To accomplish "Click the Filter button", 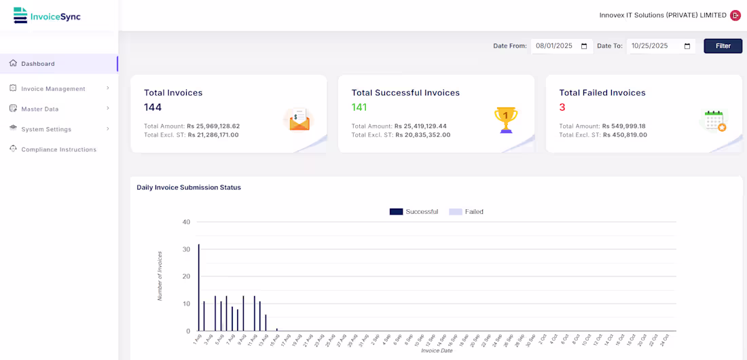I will click(723, 46).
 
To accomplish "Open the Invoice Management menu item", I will click(53, 89).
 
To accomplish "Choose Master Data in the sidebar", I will click(39, 109).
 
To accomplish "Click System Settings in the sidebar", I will click(45, 129).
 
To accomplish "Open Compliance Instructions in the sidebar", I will click(58, 149).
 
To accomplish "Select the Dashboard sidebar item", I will click(37, 64).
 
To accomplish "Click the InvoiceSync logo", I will click(47, 16).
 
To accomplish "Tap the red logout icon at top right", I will click(735, 16).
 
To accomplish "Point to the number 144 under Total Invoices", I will click(153, 107).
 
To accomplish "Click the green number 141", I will click(359, 107).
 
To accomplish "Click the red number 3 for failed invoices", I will click(562, 107).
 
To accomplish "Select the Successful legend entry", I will click(414, 212).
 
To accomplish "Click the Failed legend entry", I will click(466, 212).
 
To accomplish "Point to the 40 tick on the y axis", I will click(186, 222).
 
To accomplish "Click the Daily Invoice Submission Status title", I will click(189, 187).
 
